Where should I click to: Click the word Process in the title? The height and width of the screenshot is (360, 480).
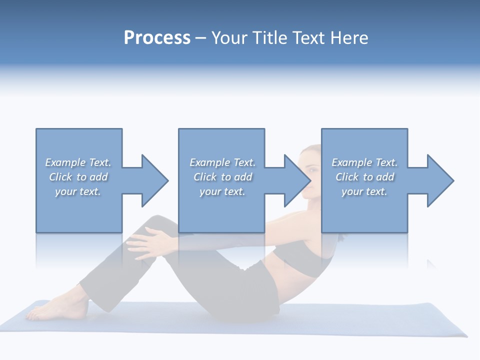point(157,38)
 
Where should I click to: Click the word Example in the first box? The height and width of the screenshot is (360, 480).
point(65,162)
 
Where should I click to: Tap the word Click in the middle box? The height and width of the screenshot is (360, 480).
point(205,177)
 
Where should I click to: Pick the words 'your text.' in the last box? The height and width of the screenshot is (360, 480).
point(364,191)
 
